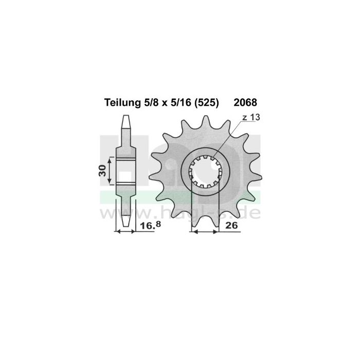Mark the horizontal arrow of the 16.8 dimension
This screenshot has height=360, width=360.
tap(126, 232)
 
